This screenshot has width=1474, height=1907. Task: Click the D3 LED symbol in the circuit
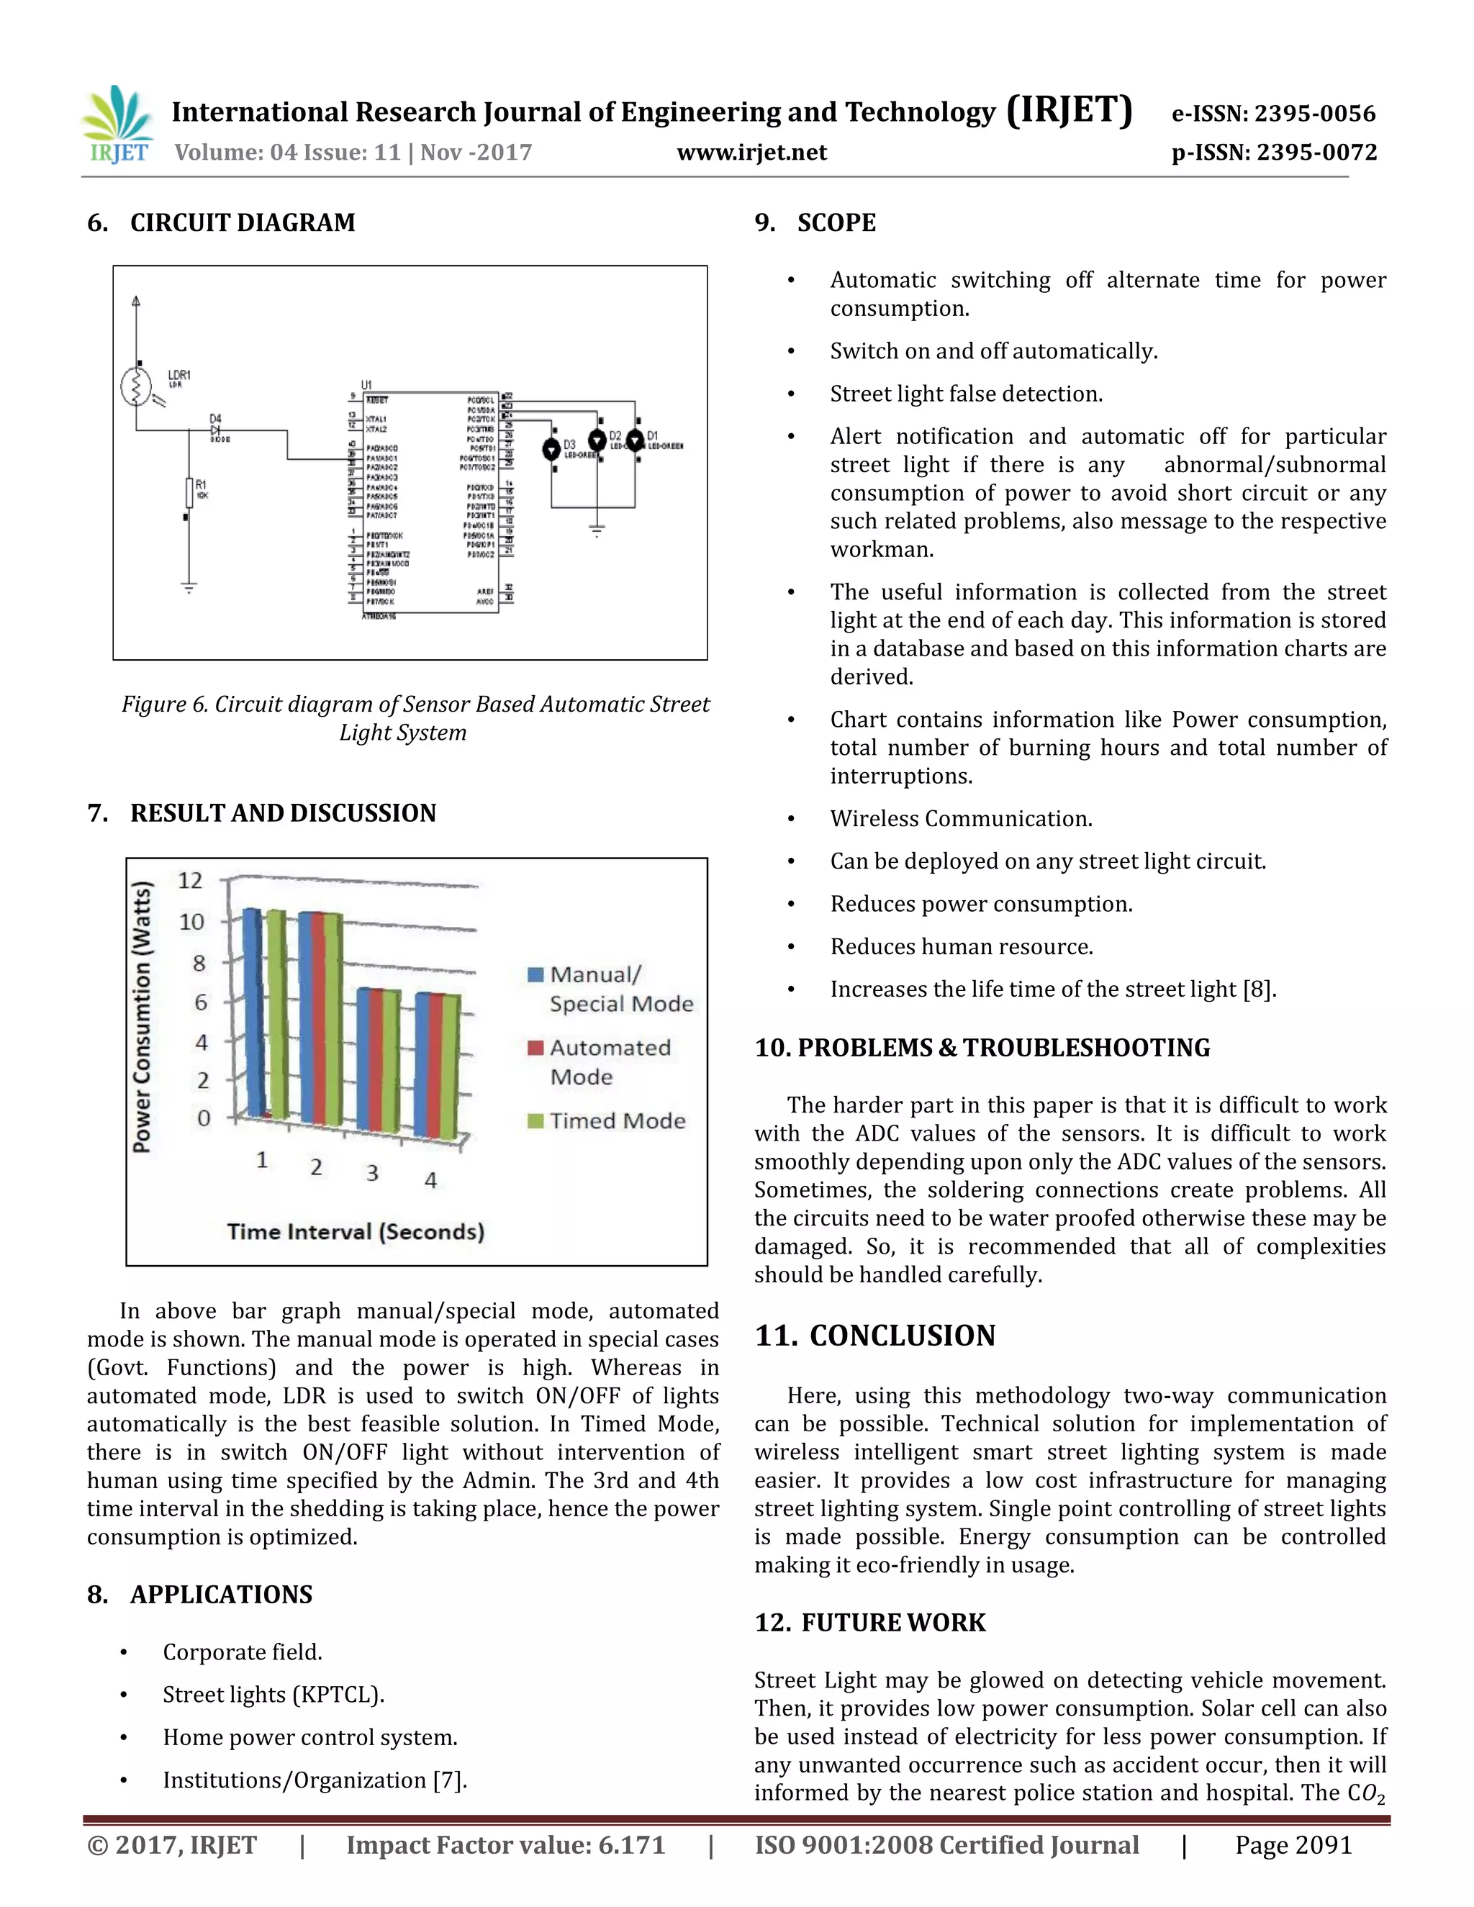[552, 449]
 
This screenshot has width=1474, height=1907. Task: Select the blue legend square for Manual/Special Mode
[536, 974]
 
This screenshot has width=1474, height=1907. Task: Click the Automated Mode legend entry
[610, 1061]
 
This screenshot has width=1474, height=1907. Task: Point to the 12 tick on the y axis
[190, 880]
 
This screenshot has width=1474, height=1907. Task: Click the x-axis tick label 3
[372, 1173]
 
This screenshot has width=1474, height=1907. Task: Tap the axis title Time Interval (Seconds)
[356, 1231]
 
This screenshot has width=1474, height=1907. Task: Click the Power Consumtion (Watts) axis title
[143, 1018]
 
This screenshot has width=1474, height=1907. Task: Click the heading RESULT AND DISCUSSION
[282, 813]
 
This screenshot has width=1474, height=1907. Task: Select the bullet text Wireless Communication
[961, 818]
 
